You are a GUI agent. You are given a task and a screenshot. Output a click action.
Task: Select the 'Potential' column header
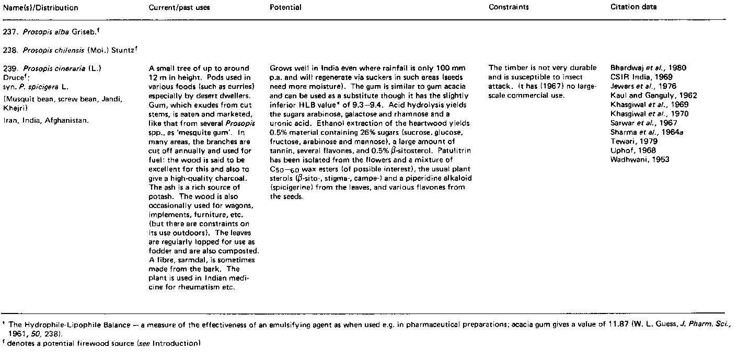(285, 8)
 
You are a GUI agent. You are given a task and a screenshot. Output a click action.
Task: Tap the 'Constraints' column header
(509, 8)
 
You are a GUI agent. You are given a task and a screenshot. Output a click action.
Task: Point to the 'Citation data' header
(634, 7)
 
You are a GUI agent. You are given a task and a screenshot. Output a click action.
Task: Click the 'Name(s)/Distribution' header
(41, 8)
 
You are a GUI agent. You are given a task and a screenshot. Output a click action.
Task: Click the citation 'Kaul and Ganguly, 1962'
(653, 96)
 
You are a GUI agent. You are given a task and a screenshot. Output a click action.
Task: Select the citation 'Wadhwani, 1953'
(640, 160)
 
